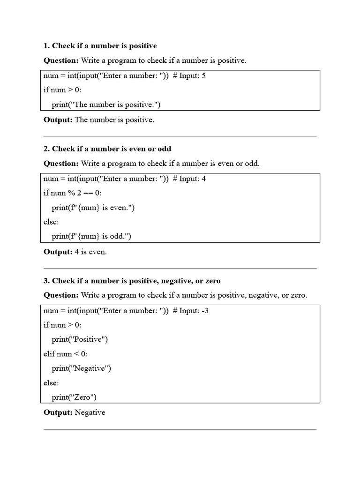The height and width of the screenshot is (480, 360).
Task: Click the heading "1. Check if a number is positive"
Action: click(x=100, y=46)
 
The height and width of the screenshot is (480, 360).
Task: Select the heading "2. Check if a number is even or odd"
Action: click(x=107, y=149)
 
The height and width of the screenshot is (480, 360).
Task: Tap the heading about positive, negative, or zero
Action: click(x=132, y=281)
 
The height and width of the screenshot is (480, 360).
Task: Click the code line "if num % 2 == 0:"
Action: click(x=73, y=193)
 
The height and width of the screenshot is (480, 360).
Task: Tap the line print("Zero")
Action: click(x=74, y=397)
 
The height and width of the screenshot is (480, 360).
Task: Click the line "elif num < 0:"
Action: click(x=65, y=354)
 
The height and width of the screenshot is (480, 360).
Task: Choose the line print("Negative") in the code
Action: click(x=82, y=368)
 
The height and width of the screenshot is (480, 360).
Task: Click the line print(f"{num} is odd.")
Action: click(x=91, y=237)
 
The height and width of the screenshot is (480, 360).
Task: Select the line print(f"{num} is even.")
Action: click(x=93, y=208)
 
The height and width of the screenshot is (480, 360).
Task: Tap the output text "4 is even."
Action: click(x=91, y=252)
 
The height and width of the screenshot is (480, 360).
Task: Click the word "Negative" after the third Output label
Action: click(x=90, y=412)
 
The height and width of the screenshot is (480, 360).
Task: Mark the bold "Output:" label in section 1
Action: click(x=58, y=120)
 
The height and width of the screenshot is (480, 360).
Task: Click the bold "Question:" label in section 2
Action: click(x=61, y=164)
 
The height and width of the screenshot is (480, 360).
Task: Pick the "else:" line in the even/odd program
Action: click(x=51, y=222)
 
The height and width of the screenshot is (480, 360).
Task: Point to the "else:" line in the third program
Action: click(x=51, y=383)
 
